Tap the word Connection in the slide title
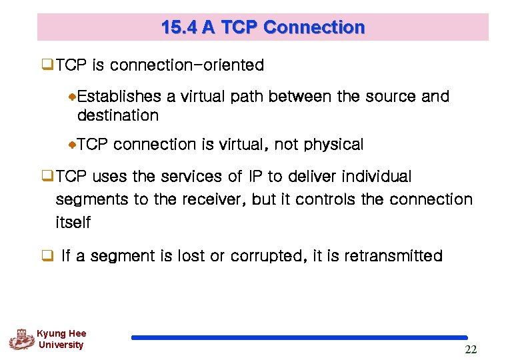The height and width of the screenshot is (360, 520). [314, 27]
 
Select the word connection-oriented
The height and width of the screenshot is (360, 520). [187, 65]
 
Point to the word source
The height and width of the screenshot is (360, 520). [391, 97]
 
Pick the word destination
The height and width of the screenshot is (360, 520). [118, 115]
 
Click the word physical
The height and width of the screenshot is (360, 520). [333, 145]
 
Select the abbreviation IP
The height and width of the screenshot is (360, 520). [255, 177]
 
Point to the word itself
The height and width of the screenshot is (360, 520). [73, 222]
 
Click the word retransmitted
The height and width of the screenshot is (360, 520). [393, 256]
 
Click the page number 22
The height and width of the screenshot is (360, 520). [471, 350]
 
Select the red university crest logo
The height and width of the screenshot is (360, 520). [21, 339]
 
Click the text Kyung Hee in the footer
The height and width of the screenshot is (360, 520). [61, 333]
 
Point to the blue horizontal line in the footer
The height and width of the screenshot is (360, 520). [299, 338]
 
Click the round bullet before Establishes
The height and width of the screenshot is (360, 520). [73, 97]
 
